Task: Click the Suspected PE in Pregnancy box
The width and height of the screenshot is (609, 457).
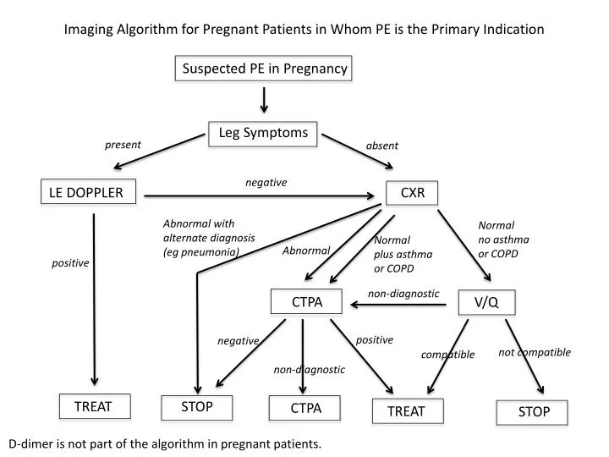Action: [x=264, y=69]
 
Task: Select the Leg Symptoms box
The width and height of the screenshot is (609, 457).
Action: [x=263, y=133]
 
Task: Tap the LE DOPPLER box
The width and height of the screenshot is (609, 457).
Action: [x=85, y=193]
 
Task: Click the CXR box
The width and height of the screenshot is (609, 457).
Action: [x=412, y=193]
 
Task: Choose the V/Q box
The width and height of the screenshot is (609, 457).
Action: [x=486, y=302]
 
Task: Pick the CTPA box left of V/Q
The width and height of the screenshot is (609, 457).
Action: [x=306, y=301]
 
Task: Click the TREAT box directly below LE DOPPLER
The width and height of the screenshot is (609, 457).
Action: [x=93, y=406]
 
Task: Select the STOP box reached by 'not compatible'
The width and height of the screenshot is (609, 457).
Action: [x=534, y=411]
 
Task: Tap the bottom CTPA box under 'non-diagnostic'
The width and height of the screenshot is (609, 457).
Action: [x=306, y=408]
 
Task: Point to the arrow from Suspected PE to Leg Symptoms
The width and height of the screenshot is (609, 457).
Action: [x=264, y=99]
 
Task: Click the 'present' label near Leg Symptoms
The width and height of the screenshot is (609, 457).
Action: [x=123, y=145]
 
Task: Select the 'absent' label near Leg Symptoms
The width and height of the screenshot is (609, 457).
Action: [x=381, y=146]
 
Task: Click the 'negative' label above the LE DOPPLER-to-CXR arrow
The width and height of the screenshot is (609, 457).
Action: [x=266, y=182]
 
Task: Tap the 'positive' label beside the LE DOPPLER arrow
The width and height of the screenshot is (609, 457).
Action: [x=70, y=263]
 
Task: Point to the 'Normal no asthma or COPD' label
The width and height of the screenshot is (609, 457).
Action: [x=503, y=240]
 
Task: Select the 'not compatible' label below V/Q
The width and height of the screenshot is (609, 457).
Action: [x=535, y=352]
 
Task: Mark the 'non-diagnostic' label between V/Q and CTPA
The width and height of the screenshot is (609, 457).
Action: [x=403, y=294]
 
